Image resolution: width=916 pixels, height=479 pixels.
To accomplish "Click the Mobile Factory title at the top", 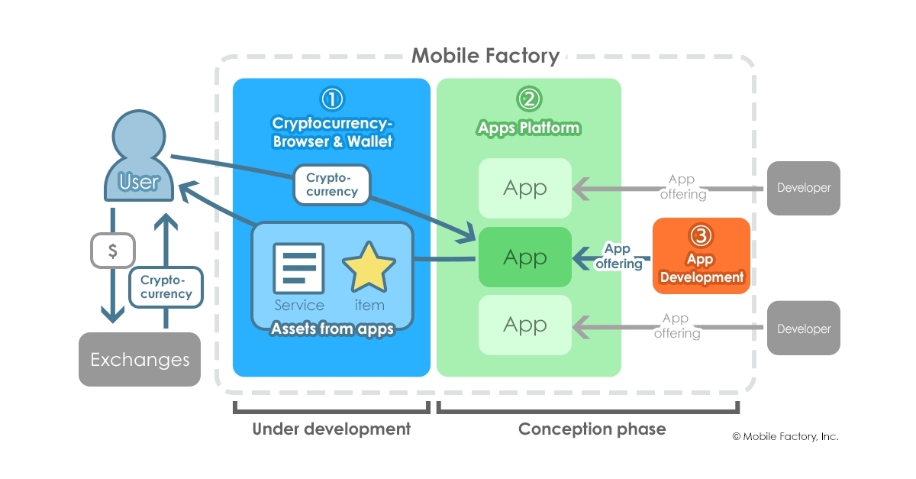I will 485,56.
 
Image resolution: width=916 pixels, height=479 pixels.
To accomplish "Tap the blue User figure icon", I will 139,157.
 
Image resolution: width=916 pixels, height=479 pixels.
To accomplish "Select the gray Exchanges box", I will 140,359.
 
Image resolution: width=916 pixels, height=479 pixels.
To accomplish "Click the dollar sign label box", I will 113,251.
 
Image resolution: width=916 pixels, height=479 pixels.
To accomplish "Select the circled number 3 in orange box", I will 701,235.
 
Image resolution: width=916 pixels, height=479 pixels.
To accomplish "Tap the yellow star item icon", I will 369,267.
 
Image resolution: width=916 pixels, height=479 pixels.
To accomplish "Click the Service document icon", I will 298,267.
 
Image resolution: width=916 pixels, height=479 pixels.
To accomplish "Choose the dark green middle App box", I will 525,257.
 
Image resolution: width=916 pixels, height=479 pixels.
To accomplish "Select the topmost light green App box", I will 525,188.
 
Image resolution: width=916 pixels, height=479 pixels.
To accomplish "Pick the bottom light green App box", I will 525,325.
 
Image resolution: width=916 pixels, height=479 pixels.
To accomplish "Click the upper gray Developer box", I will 803,188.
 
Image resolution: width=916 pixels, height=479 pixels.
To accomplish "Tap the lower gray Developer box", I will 803,329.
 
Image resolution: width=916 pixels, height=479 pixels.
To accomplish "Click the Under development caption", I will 331,429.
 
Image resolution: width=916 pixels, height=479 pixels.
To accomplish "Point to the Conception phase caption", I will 592,429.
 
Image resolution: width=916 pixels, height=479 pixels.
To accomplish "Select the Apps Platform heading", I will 528,128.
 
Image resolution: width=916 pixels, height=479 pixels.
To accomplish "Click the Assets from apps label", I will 332,329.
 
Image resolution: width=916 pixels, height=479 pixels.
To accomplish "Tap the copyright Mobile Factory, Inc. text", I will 785,436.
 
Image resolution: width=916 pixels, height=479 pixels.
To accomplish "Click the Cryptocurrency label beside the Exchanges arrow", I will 166,287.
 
